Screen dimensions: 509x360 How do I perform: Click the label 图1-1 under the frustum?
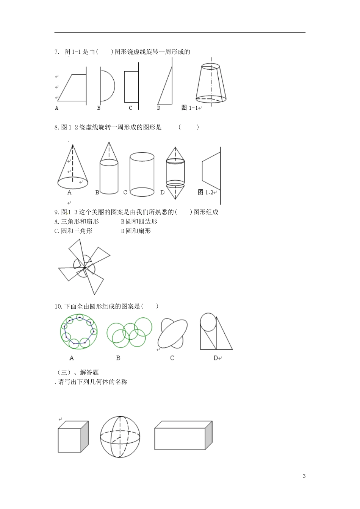coord(190,108)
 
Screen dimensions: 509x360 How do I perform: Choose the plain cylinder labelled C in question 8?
coord(142,174)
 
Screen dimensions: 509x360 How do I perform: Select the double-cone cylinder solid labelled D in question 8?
coord(175,173)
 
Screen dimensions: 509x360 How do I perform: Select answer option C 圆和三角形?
coord(74,231)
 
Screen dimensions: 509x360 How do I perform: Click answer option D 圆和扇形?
coord(136,231)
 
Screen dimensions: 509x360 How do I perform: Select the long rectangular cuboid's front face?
coord(180,439)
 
